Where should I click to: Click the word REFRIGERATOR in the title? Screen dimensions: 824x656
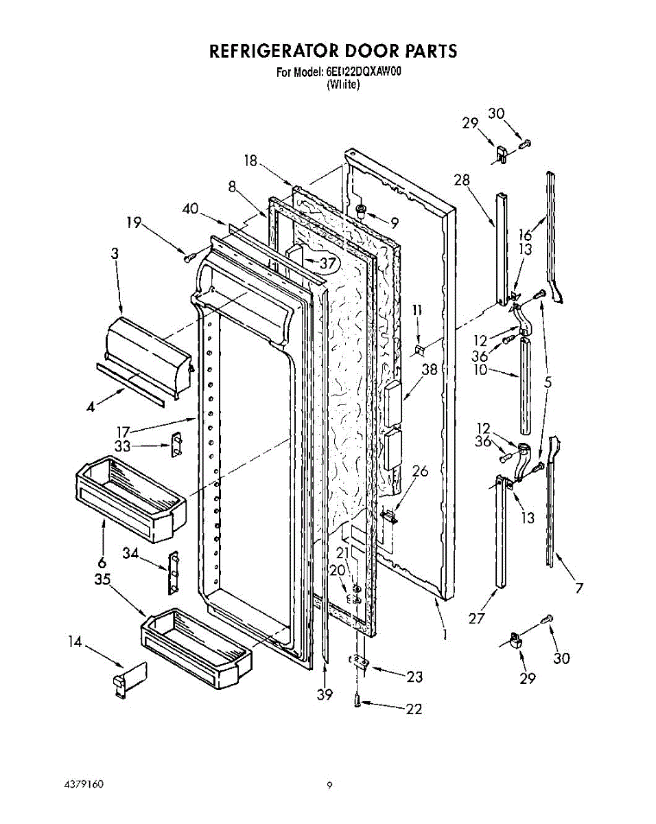click(x=272, y=51)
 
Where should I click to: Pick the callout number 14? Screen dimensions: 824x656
click(x=75, y=642)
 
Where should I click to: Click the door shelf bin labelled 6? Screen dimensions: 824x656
click(x=128, y=497)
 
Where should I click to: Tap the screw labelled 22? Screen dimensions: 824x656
click(x=358, y=700)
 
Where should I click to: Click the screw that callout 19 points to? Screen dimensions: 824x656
click(x=187, y=257)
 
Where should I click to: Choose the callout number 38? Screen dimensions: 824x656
click(x=430, y=369)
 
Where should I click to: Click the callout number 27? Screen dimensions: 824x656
click(x=476, y=618)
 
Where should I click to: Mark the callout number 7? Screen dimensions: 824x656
click(x=579, y=588)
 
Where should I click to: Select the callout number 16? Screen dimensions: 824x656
click(x=526, y=235)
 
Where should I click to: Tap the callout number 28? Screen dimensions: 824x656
click(x=461, y=180)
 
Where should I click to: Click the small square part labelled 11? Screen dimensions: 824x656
click(x=419, y=350)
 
